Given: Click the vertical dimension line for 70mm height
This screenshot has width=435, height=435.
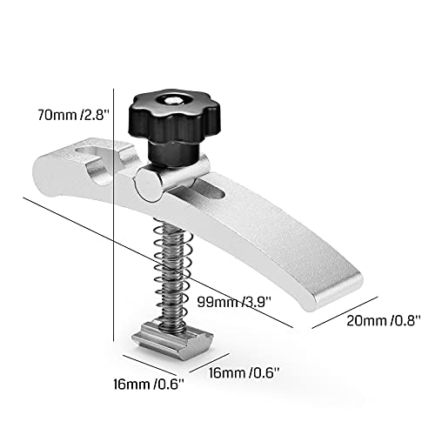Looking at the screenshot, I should coord(116,217).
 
